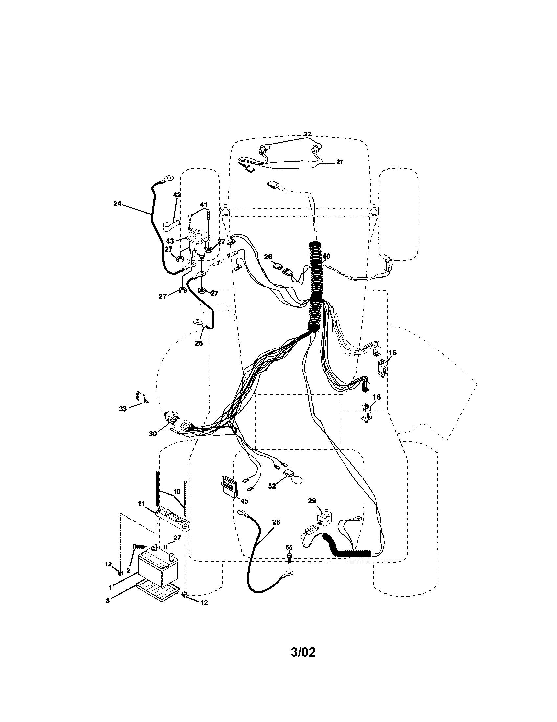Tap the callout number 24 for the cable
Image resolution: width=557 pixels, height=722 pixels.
(x=118, y=204)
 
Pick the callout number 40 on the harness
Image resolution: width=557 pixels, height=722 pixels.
(x=326, y=256)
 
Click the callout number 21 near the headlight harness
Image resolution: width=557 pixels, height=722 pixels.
(x=339, y=162)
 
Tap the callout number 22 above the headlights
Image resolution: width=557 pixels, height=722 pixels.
(x=307, y=134)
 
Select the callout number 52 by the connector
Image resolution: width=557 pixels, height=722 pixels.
(x=272, y=496)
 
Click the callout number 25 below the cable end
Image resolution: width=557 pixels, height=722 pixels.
(x=198, y=343)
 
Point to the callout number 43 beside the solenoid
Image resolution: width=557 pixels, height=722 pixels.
(x=170, y=241)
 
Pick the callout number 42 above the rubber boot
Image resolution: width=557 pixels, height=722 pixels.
(x=177, y=195)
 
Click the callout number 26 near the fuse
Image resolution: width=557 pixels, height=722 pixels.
(x=268, y=257)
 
